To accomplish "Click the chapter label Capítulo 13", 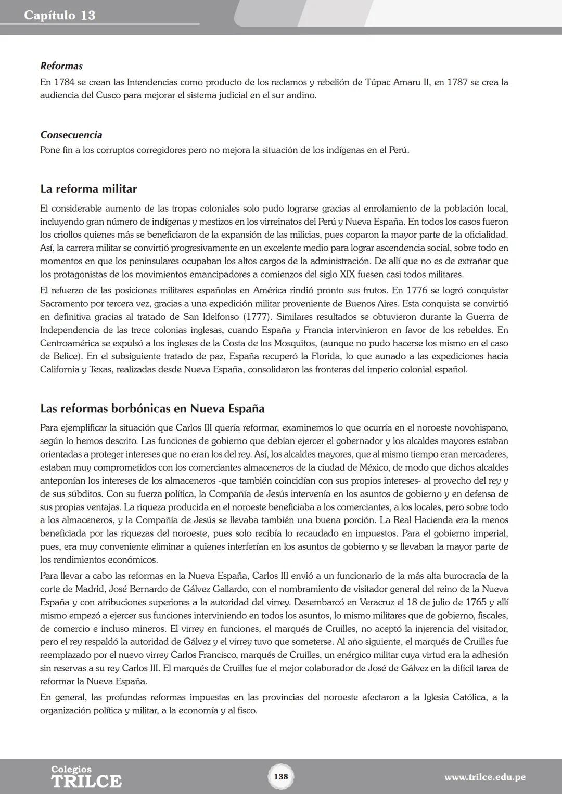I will (x=59, y=15).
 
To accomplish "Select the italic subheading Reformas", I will (x=61, y=66).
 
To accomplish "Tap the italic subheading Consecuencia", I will (x=71, y=135).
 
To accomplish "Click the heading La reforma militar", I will (x=88, y=189).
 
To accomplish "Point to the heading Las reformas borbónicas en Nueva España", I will (x=152, y=408).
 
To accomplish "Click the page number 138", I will (x=280, y=776).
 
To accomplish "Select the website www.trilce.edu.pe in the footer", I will (x=484, y=777).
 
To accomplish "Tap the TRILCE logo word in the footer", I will (x=86, y=781).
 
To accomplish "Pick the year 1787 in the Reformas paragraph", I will (x=457, y=82).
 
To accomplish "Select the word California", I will (x=59, y=369).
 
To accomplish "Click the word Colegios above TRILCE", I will (x=71, y=769).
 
